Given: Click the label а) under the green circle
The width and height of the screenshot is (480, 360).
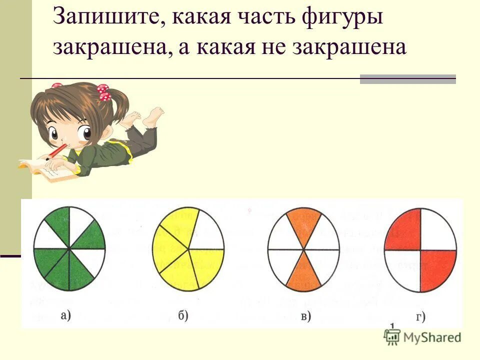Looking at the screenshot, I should point(65,316).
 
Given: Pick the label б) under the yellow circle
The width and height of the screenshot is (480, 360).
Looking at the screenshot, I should point(182,316).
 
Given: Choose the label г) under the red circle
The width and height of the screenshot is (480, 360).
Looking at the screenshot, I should point(421,316).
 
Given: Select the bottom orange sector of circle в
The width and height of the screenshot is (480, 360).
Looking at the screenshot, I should point(303,272).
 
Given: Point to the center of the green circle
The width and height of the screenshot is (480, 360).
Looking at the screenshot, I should point(69,248).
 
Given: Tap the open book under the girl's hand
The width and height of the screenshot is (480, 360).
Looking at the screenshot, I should point(45,170).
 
